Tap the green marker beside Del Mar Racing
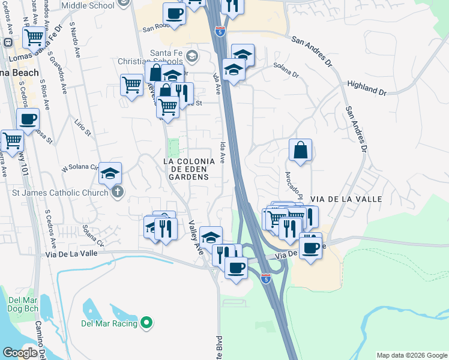[x=146, y=323]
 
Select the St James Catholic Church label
[x=59, y=193]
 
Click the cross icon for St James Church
[x=117, y=192]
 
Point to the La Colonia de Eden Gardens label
[x=189, y=169]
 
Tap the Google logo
[x=20, y=353]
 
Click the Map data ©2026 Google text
[x=411, y=355]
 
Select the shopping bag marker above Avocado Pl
[x=300, y=150]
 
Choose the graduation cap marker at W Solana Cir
[x=110, y=173]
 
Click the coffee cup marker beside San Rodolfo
[x=174, y=13]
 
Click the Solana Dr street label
[x=286, y=70]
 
